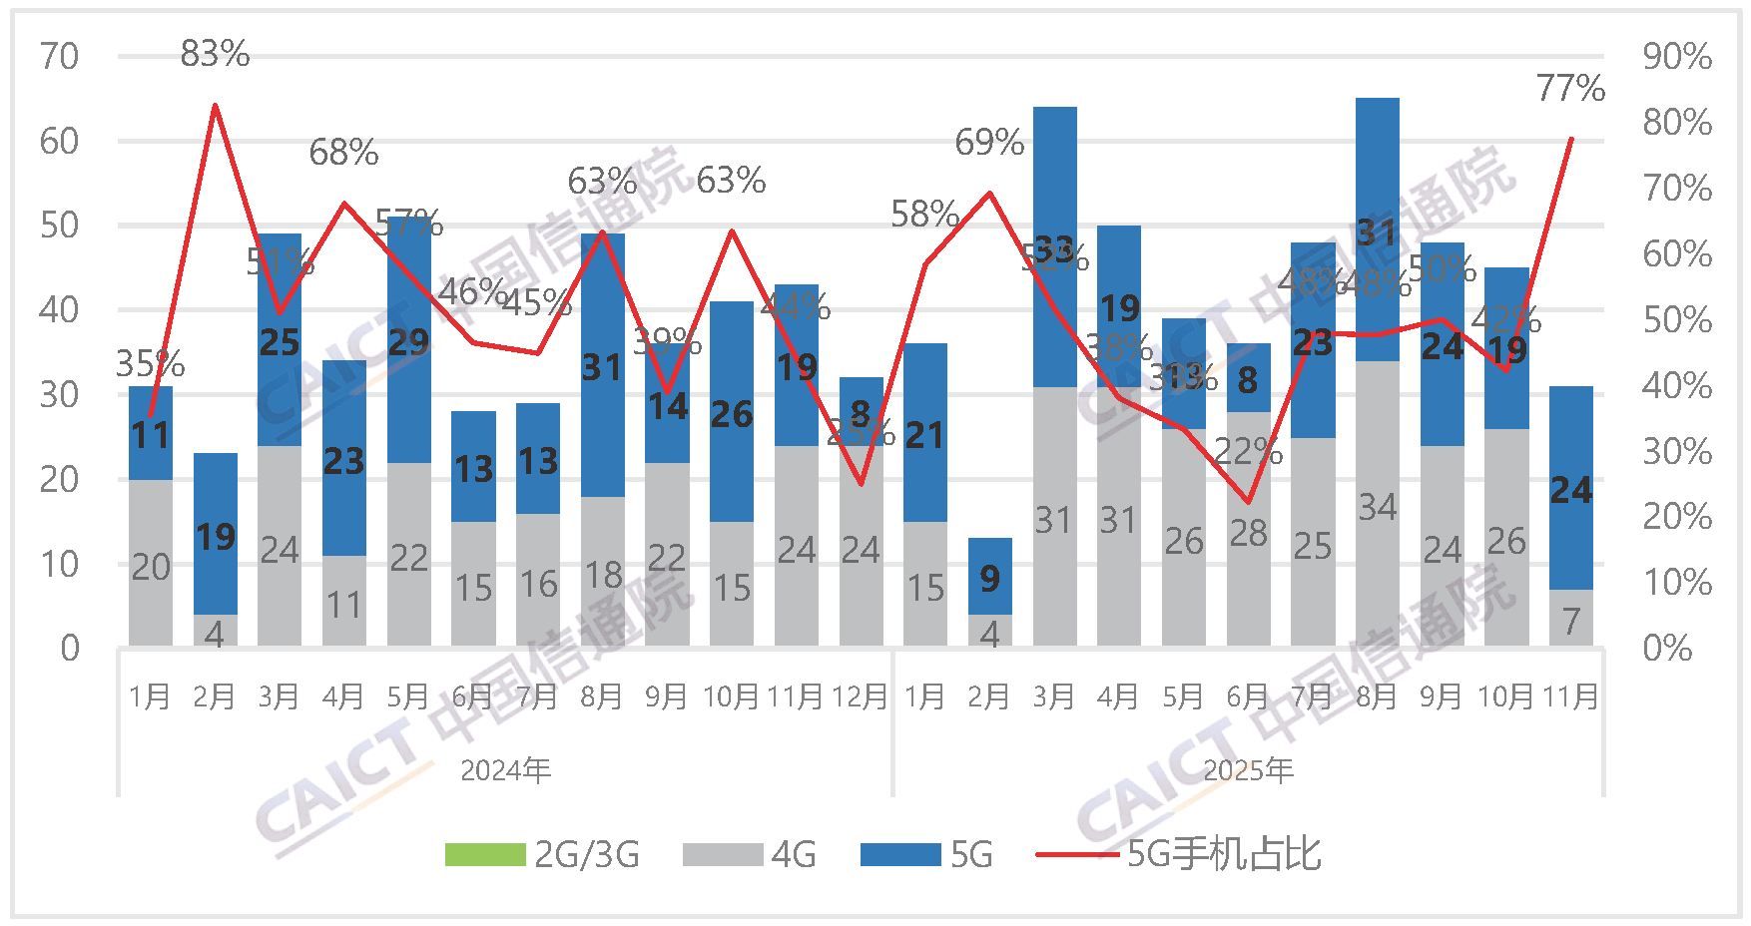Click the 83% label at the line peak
coord(215,53)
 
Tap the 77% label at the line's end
coord(1570,88)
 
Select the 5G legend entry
coord(927,855)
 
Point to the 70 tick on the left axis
coord(59,56)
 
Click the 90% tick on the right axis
coord(1677,56)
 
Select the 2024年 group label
coord(505,770)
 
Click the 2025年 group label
coord(1248,770)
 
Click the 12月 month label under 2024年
coord(860,696)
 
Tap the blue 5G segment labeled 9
coord(989,577)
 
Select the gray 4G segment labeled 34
coord(1377,506)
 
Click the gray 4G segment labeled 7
coord(1570,620)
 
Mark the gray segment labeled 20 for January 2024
coord(151,566)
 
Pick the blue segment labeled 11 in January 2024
coord(151,434)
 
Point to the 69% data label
coord(988,143)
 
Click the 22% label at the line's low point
coord(1248,452)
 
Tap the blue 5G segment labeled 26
coord(731,414)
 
